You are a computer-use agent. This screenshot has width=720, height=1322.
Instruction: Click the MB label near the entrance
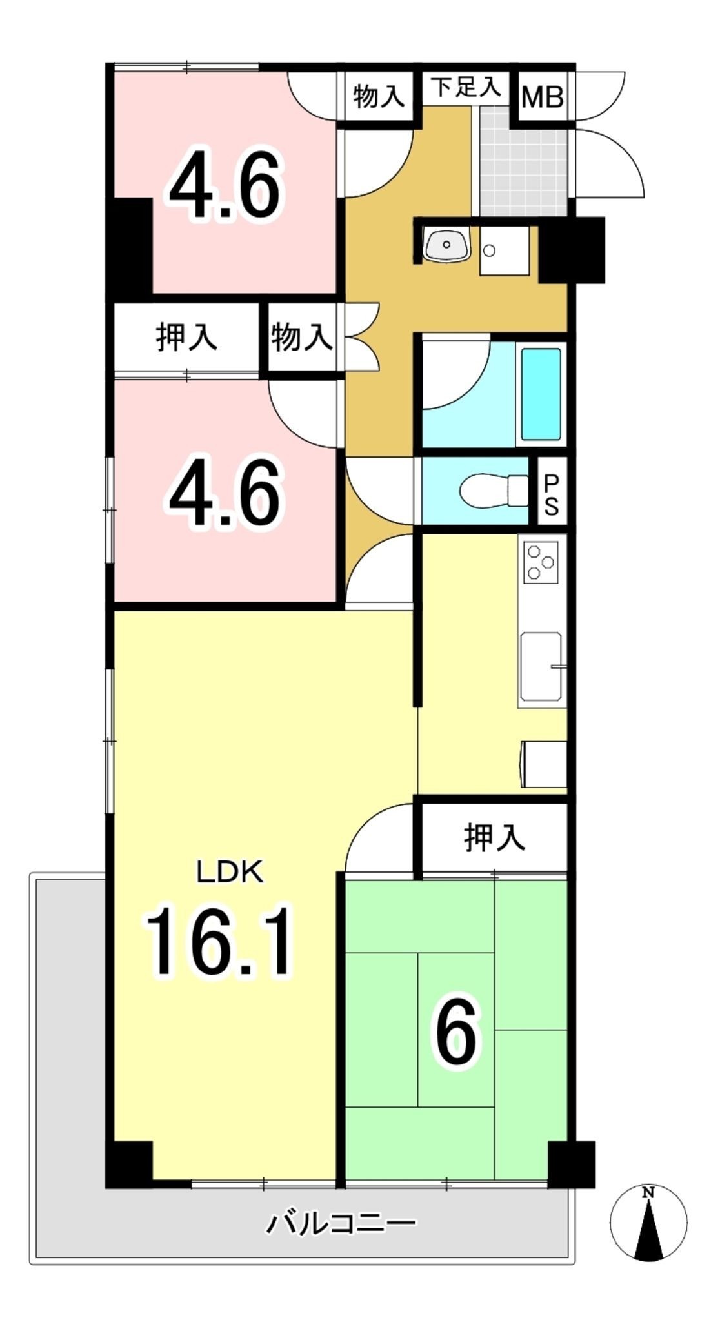(543, 98)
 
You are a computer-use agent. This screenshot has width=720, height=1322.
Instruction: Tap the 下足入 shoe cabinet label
(465, 87)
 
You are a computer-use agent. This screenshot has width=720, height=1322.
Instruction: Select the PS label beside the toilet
(551, 495)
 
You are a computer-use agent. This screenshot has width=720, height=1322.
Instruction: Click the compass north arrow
(648, 1225)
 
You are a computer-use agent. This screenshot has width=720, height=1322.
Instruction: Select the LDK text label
(230, 873)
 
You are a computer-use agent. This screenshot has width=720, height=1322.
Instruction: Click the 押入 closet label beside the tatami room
(494, 838)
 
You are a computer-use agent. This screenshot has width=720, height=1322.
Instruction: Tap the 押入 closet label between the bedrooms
(186, 337)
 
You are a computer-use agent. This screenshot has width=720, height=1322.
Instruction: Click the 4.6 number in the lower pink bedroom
(226, 494)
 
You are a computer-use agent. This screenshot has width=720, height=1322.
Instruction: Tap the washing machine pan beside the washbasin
(504, 250)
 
